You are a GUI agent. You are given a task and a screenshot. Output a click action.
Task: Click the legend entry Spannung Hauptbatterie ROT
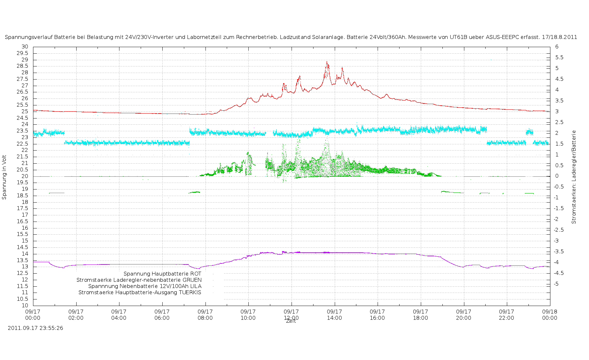(162, 274)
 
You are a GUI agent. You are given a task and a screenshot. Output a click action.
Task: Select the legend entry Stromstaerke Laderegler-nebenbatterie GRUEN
(139, 280)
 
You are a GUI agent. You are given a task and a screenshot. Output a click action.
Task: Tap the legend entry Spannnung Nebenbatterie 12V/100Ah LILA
(145, 286)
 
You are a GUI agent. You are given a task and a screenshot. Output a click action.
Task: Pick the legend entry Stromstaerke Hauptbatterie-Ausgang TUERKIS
(140, 293)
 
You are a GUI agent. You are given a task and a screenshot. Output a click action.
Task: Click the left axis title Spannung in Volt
(4, 177)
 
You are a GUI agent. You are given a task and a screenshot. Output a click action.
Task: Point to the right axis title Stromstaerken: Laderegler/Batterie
(574, 177)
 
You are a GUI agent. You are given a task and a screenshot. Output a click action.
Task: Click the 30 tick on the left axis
(25, 47)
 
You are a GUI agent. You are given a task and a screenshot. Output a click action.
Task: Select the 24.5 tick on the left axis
(23, 118)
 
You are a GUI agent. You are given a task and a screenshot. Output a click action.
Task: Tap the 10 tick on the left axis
(25, 306)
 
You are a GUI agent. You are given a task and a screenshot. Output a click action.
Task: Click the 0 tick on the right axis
(557, 176)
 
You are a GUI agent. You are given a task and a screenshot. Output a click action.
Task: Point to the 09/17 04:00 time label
(119, 315)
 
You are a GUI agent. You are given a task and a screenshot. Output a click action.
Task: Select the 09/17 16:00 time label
(377, 315)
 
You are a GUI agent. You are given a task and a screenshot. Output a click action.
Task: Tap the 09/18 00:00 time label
(550, 315)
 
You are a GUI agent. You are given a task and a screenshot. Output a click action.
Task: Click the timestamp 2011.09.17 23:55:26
(35, 328)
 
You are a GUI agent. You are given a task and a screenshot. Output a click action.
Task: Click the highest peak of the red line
(327, 62)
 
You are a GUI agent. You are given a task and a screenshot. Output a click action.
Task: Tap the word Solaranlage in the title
(328, 37)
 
